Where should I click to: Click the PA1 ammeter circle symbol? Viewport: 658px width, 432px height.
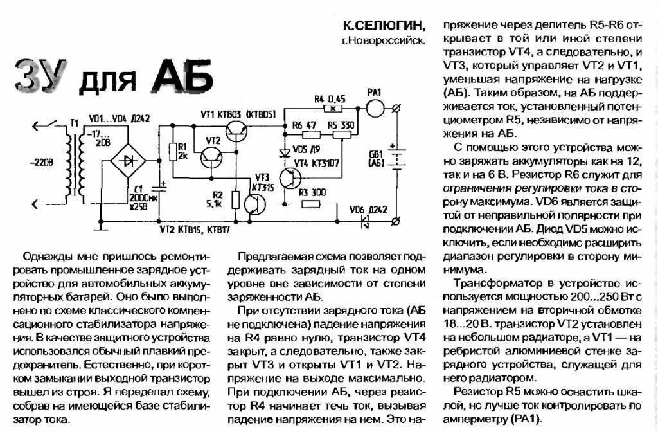(x=375, y=108)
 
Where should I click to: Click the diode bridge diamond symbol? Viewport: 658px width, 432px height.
(x=128, y=160)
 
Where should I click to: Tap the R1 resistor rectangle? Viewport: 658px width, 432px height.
(x=172, y=151)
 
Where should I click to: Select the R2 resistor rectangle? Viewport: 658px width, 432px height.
(x=236, y=201)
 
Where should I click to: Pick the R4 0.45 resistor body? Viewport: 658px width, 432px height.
(x=333, y=109)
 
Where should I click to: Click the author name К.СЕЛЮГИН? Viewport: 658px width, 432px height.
(x=383, y=26)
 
